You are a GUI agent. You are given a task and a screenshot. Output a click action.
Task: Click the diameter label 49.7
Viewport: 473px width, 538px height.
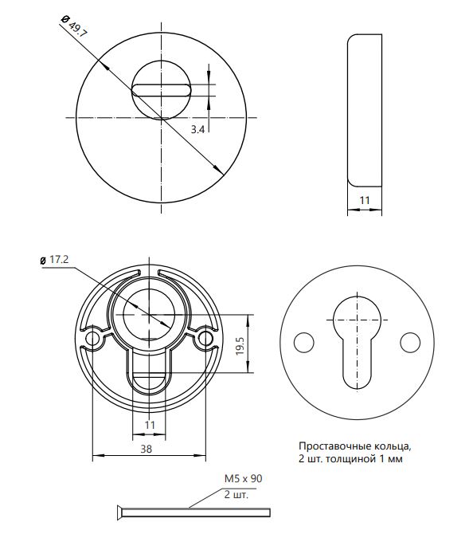pos(77,29)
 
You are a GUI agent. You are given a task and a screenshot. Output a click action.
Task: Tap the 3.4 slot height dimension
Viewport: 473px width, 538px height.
pos(197,129)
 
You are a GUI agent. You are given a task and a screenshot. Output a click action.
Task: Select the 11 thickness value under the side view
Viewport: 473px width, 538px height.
pos(365,200)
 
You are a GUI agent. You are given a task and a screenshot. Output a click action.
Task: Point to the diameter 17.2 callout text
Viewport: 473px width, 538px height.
pos(59,259)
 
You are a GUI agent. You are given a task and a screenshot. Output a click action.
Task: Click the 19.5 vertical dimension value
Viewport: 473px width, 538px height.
pos(240,346)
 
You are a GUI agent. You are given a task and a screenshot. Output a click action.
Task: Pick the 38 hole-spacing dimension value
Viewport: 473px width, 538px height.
pos(147,449)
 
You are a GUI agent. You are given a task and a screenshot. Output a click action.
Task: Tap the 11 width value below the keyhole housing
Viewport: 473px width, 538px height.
pos(150,425)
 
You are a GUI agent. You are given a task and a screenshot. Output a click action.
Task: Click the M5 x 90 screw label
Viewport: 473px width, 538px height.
pos(244,478)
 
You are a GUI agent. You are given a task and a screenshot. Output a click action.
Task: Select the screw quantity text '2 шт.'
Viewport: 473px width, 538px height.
pos(236,495)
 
